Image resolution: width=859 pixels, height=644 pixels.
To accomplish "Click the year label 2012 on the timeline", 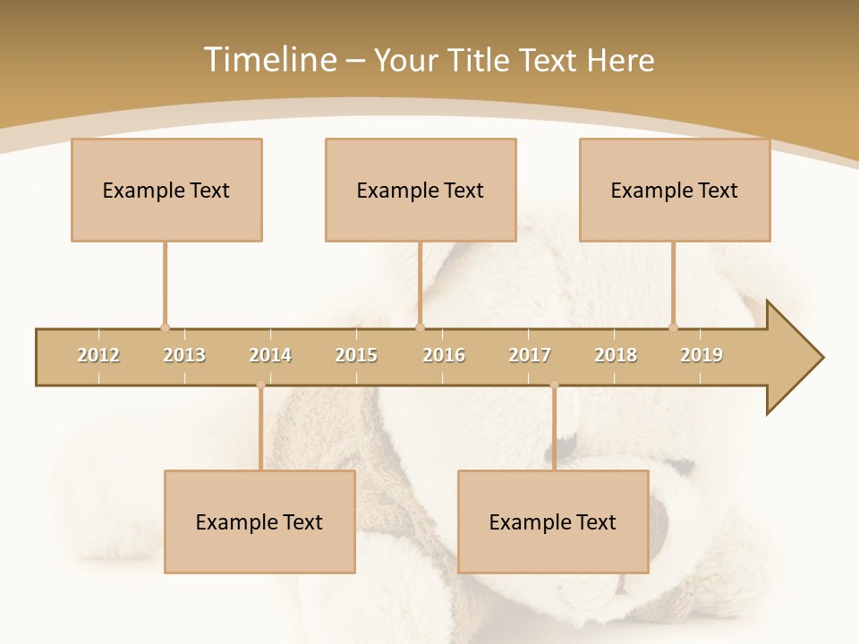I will [98, 355].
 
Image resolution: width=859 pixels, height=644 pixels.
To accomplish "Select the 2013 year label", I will [184, 355].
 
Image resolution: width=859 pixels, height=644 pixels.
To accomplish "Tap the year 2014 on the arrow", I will [270, 355].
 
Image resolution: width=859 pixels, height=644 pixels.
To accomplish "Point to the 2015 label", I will [356, 355].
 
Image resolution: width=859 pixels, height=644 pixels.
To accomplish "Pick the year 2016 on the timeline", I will [444, 355].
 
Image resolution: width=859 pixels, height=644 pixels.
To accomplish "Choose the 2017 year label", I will [530, 355].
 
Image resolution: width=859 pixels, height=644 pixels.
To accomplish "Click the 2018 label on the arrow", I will [616, 355].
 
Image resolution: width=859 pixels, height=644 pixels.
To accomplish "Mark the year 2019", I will [702, 355].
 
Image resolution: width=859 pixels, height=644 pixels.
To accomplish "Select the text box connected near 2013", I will [166, 191].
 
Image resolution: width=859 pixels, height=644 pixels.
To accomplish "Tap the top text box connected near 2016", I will [421, 191].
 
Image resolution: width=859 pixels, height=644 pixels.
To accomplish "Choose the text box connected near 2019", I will [675, 191].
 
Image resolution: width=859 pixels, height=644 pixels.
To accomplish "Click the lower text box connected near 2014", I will [259, 522].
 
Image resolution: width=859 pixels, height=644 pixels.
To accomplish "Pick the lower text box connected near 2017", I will [553, 522].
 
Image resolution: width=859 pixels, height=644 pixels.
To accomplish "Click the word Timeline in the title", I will [268, 60].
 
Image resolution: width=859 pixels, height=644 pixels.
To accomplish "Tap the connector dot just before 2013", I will [165, 327].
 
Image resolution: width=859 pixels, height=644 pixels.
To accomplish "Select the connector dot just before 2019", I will [674, 327].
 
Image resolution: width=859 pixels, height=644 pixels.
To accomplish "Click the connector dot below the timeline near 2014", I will [260, 385].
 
